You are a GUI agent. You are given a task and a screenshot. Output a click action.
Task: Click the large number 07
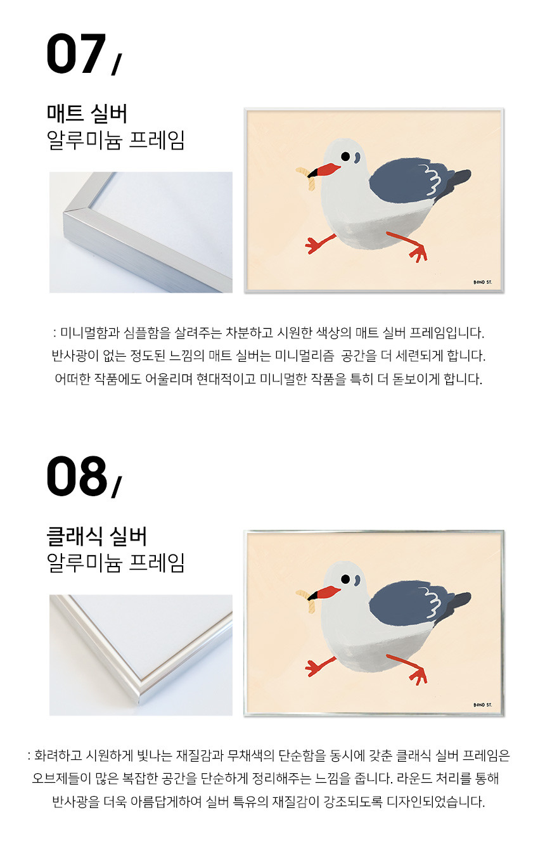tap(76, 54)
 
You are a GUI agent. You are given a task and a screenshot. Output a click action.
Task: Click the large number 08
tap(77, 476)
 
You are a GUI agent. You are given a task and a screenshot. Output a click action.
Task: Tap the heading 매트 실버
tap(87, 113)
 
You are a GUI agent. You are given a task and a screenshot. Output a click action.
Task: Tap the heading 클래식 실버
tap(97, 536)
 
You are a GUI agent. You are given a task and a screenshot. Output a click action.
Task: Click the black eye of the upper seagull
tap(345, 156)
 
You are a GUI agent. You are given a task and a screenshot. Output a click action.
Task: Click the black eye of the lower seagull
tap(345, 579)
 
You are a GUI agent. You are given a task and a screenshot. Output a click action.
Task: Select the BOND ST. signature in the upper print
tap(482, 282)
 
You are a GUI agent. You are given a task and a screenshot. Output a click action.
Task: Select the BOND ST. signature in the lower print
tap(482, 705)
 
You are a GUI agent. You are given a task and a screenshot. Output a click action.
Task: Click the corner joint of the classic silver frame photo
tap(141, 693)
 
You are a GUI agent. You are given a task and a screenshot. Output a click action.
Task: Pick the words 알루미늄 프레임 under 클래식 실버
tap(115, 563)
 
